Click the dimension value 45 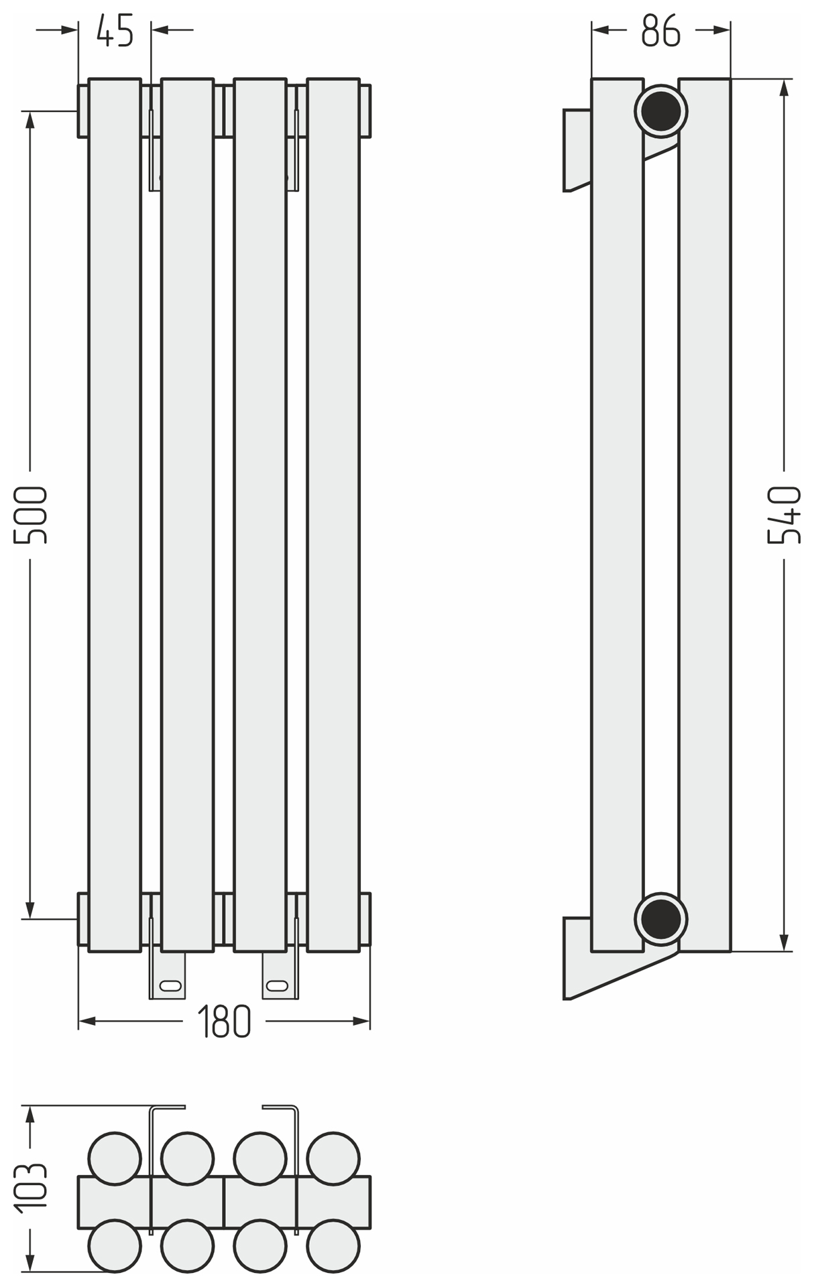coord(115,30)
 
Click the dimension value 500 coord(31,515)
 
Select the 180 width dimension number coord(225,1022)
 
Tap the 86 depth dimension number coord(660,30)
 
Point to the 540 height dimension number coord(784,515)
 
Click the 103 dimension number coord(31,1188)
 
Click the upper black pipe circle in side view coord(661,111)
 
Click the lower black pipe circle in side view coord(661,918)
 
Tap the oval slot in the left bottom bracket coord(169,985)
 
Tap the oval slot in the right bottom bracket coord(278,985)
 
